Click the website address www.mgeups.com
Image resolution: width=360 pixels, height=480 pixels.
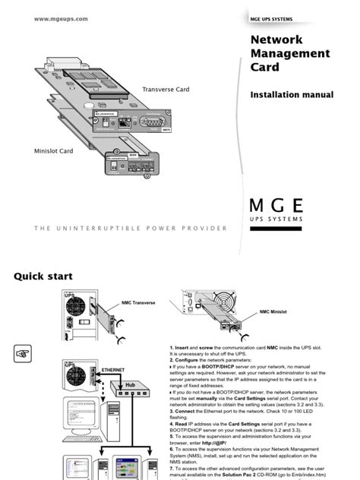coord(61,18)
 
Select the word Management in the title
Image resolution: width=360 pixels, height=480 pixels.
coord(290,53)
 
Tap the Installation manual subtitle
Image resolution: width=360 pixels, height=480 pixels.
coord(292,95)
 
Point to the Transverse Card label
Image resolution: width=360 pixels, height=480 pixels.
coord(166,89)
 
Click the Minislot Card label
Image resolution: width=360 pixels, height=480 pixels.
coord(52,150)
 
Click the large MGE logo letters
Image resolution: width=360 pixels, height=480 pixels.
coord(276,205)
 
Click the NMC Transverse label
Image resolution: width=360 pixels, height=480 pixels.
coord(138,302)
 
